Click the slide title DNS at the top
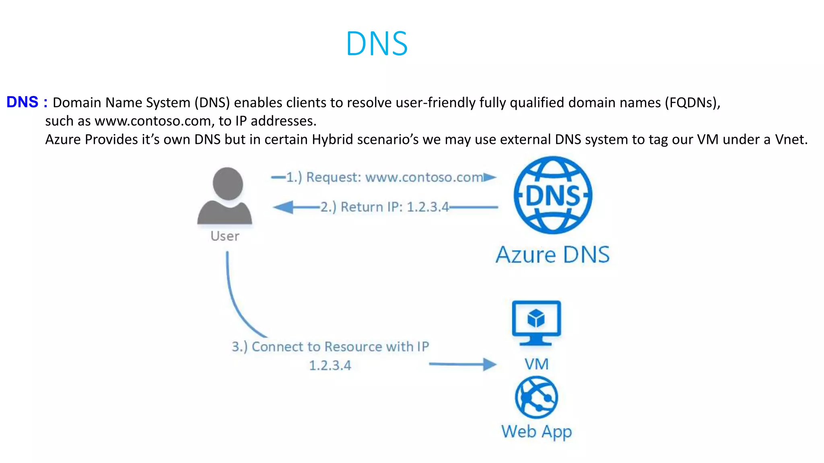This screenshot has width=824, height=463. (377, 43)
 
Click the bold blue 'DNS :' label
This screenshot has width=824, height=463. (27, 102)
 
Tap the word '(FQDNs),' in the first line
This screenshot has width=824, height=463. (692, 103)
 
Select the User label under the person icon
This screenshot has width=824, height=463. (225, 236)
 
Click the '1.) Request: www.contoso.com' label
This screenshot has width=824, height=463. (384, 177)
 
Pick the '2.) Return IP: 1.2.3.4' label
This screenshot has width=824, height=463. (384, 207)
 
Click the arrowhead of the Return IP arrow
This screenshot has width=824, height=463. (283, 207)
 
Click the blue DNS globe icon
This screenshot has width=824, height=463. (553, 195)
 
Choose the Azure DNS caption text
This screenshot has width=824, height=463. (552, 255)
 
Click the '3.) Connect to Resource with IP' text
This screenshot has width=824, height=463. (330, 346)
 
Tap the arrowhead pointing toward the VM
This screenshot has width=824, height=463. (490, 365)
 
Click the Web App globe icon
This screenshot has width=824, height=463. (536, 397)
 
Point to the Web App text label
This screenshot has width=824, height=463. (536, 432)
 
